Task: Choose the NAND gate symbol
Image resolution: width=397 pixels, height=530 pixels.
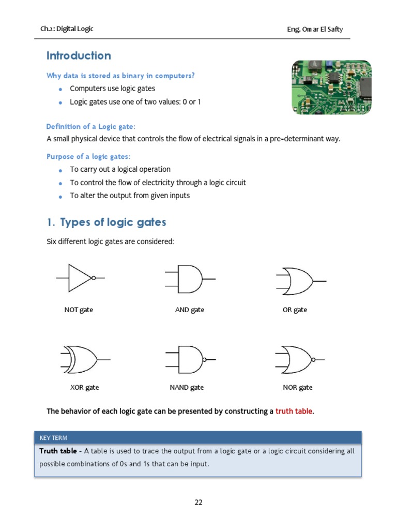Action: pyautogui.click(x=190, y=359)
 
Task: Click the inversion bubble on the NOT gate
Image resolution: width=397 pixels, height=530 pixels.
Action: pyautogui.click(x=94, y=278)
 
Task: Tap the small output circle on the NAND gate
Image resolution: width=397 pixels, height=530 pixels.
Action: pyautogui.click(x=205, y=359)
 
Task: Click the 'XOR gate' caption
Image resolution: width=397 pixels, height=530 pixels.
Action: pyautogui.click(x=84, y=387)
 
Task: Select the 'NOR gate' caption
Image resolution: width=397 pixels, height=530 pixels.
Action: pyautogui.click(x=298, y=387)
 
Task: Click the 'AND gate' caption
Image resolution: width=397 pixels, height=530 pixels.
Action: pyautogui.click(x=190, y=310)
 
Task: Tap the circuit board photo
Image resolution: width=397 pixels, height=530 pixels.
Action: pyautogui.click(x=331, y=86)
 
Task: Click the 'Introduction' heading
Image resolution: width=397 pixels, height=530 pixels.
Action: pyautogui.click(x=79, y=56)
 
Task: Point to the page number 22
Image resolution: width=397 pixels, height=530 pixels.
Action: pyautogui.click(x=198, y=502)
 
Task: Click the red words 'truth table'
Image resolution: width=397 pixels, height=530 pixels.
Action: pyautogui.click(x=294, y=411)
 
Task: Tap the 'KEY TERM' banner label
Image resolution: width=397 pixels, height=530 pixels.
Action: pyautogui.click(x=54, y=438)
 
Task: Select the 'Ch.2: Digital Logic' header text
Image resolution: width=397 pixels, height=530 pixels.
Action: pyautogui.click(x=67, y=29)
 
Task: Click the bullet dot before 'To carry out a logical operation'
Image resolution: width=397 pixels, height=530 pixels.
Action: pyautogui.click(x=60, y=170)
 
